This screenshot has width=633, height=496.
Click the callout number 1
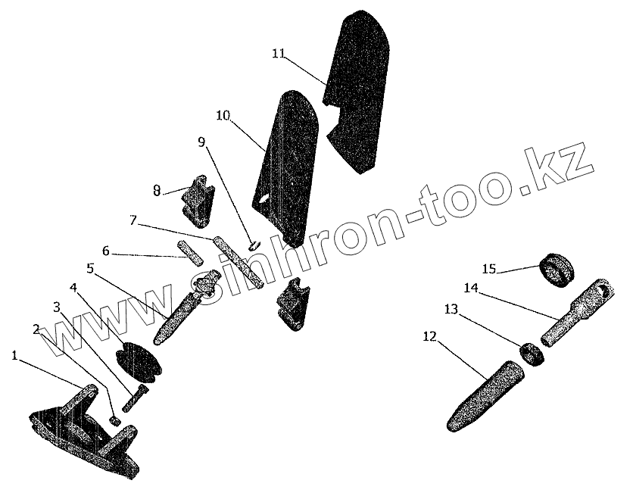click(14, 354)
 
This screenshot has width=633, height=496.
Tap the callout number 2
click(36, 329)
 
